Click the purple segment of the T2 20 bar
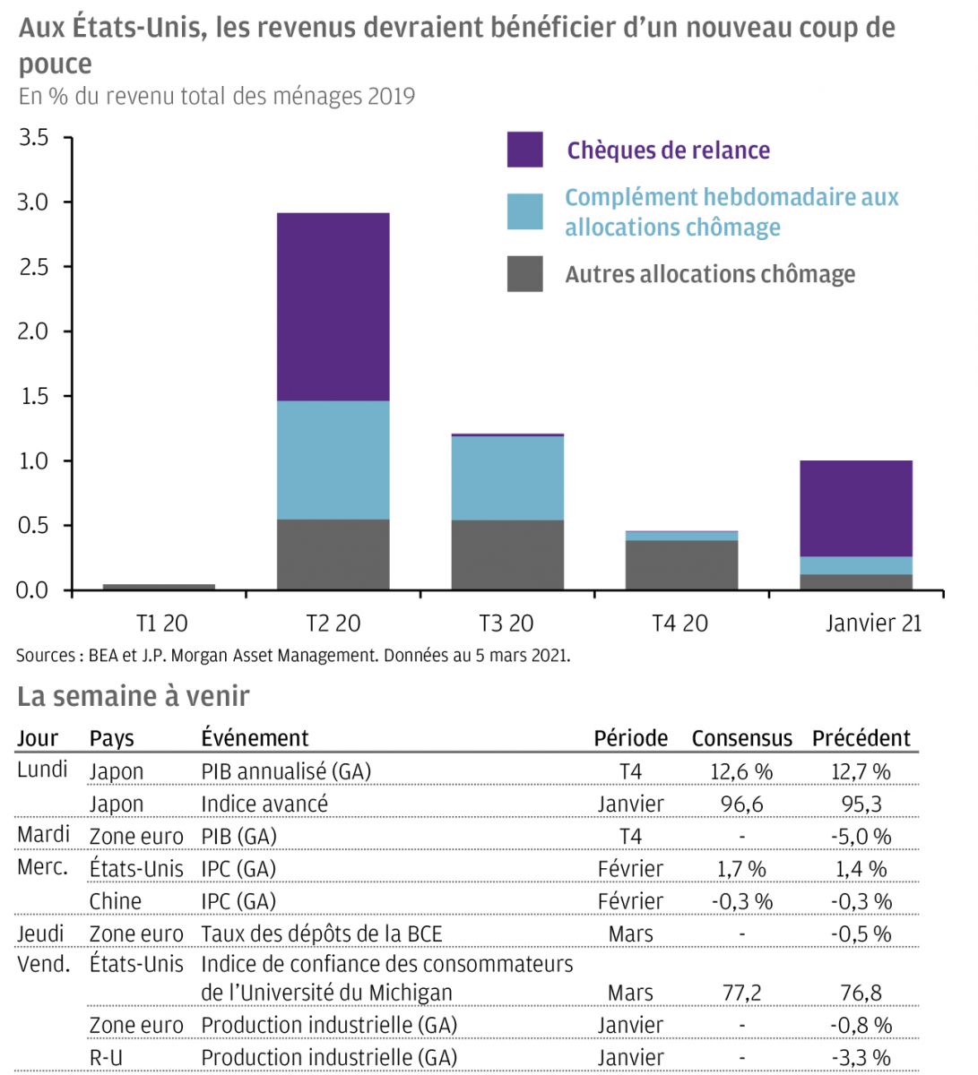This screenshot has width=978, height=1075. click(333, 306)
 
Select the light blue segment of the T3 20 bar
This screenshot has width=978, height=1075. click(507, 477)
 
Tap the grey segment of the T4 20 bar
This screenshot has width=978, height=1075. click(681, 564)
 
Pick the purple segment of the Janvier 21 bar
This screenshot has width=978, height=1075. click(855, 508)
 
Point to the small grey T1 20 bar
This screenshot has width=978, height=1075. click(159, 587)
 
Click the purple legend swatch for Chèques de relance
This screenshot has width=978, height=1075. click(524, 150)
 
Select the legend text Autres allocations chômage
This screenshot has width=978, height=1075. click(710, 274)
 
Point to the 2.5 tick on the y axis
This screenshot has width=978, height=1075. click(33, 267)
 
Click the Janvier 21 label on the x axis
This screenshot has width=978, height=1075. click(873, 623)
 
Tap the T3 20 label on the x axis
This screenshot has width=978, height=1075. click(506, 623)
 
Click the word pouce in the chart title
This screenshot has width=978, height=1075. click(56, 64)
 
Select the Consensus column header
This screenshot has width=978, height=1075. click(741, 738)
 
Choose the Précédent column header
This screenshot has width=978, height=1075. click(861, 738)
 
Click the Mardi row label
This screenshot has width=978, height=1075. click(43, 835)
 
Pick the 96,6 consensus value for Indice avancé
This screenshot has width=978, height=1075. click(741, 804)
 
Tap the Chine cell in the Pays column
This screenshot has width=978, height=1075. click(116, 901)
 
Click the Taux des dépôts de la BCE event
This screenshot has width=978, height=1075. click(322, 933)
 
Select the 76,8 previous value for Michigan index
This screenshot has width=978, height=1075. click(861, 993)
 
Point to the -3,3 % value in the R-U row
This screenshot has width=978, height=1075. click(861, 1057)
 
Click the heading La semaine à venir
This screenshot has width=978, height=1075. click(134, 696)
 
